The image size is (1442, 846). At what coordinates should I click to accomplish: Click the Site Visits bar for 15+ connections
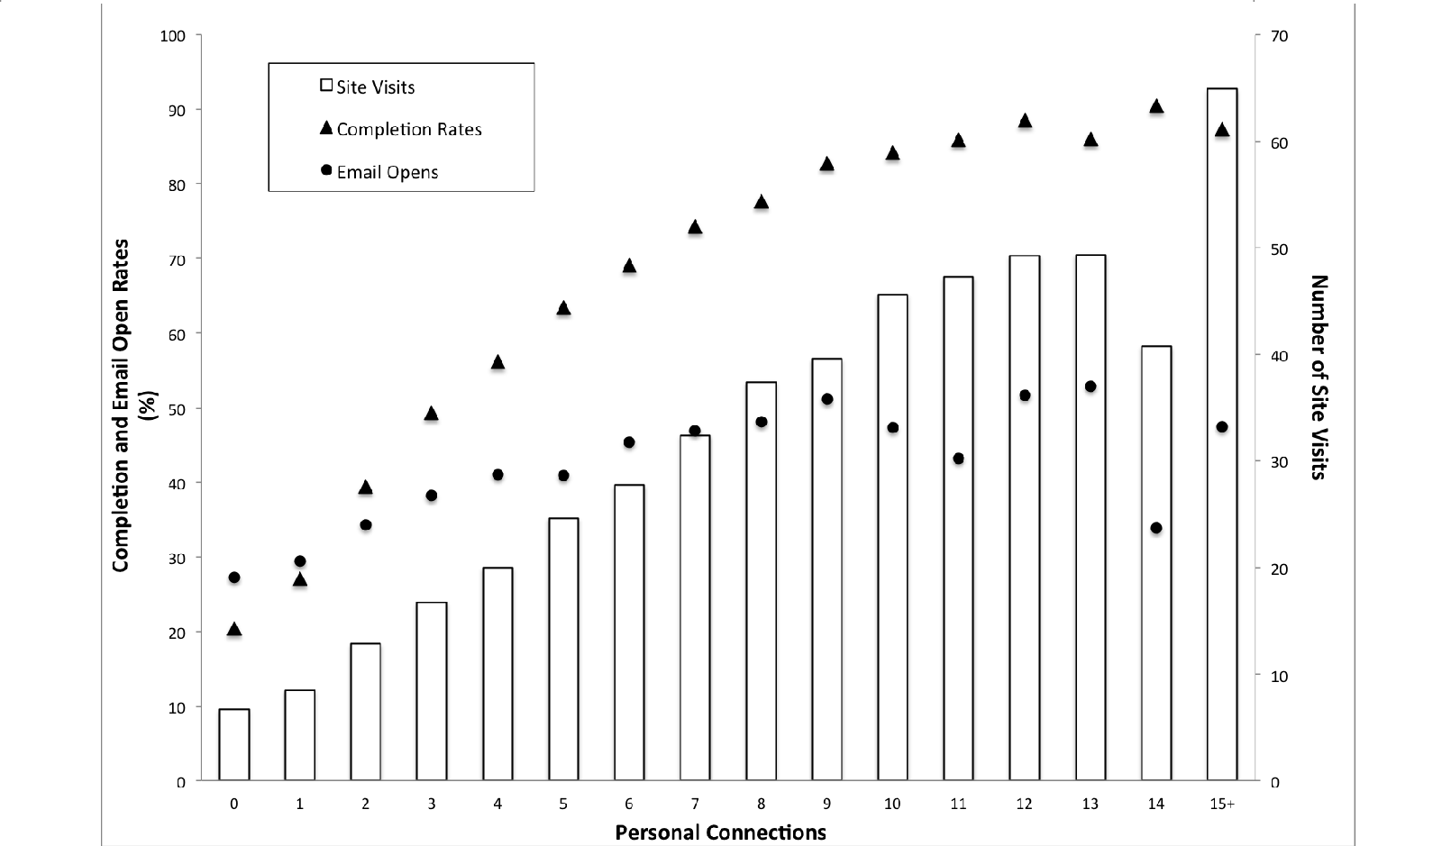pyautogui.click(x=1221, y=432)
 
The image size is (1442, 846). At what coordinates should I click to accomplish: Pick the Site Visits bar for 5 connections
pyautogui.click(x=563, y=649)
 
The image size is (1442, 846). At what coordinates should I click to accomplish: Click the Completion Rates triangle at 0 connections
pyautogui.click(x=233, y=630)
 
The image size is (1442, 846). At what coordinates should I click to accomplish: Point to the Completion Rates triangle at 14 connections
pyautogui.click(x=1156, y=106)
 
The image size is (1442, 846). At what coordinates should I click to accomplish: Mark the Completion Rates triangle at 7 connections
pyautogui.click(x=695, y=227)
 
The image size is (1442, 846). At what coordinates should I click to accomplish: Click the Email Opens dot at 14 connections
pyautogui.click(x=1156, y=528)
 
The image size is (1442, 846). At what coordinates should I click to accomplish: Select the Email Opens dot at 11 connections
pyautogui.click(x=958, y=459)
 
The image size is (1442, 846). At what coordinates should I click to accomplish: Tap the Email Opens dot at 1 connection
pyautogui.click(x=300, y=561)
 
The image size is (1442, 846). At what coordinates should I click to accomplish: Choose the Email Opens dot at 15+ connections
pyautogui.click(x=1222, y=427)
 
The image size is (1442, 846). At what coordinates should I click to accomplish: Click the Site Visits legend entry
pyautogui.click(x=368, y=87)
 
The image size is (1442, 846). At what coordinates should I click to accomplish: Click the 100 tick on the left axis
pyautogui.click(x=172, y=36)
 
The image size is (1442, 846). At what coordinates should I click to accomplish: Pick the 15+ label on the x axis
pyautogui.click(x=1221, y=805)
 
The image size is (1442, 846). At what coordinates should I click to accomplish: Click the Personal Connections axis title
pyautogui.click(x=720, y=832)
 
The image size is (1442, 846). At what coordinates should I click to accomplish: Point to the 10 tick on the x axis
pyautogui.click(x=892, y=805)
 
